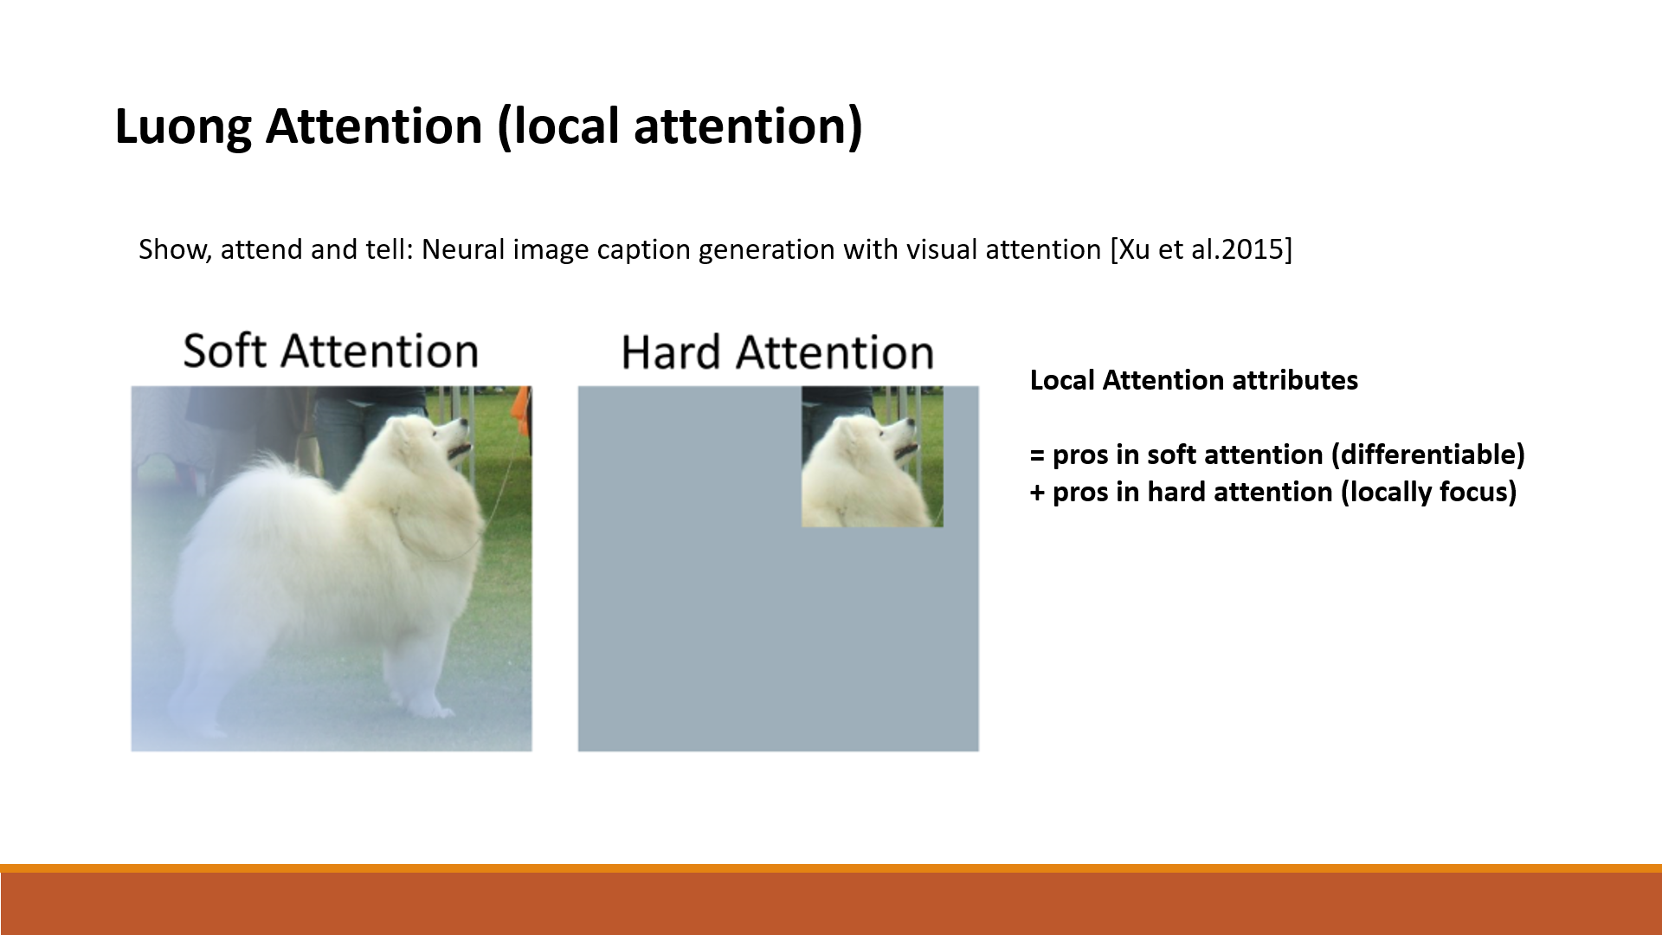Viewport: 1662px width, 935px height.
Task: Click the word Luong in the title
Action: coord(183,126)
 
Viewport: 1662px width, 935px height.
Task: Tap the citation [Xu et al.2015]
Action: coord(1201,249)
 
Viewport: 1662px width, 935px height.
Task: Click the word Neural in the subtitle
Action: coord(463,249)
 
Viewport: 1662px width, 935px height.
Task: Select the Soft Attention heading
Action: coord(331,351)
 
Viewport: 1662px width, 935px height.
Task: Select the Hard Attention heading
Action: coord(777,353)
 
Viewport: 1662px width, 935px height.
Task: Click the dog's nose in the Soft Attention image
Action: coord(463,424)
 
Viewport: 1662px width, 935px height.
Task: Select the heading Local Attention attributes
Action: coord(1194,380)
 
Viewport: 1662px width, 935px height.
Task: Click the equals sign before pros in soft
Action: coord(1037,456)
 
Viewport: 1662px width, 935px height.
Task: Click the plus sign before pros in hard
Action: coord(1037,493)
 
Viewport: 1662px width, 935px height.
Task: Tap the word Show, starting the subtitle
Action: coord(175,249)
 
